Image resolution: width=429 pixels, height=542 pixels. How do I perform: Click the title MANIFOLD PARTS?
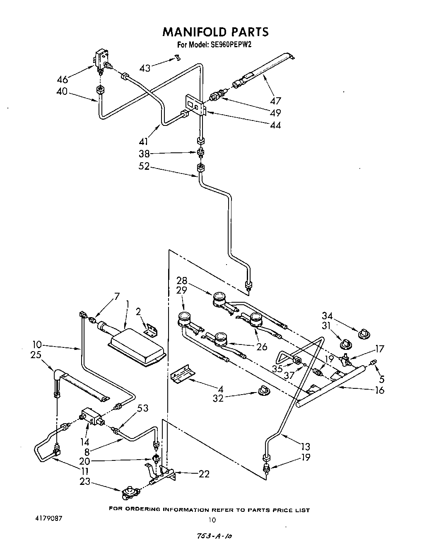point(215,31)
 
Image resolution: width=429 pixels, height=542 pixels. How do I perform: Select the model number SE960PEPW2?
point(229,45)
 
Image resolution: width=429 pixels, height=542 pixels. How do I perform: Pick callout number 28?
point(182,280)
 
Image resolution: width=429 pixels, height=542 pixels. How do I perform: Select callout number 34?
point(327,317)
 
